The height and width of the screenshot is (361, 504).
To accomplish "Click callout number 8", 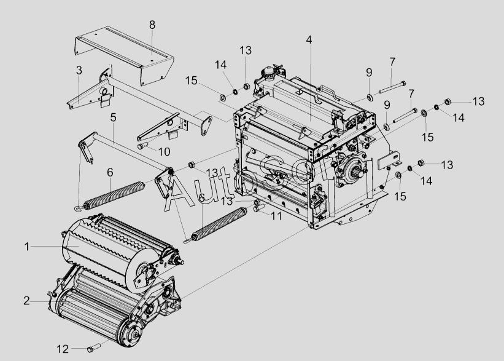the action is tap(152, 25).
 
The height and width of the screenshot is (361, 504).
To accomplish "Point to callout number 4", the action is tap(309, 40).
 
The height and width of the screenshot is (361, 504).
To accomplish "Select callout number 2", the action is tap(27, 301).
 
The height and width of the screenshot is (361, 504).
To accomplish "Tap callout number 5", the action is tap(114, 116).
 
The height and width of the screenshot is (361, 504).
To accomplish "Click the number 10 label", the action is tap(164, 152).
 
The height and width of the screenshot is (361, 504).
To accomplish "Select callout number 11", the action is tap(276, 216).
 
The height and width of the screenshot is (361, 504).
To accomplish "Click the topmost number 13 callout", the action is tap(246, 49).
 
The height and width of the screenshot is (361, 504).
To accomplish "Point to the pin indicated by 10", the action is tap(142, 146).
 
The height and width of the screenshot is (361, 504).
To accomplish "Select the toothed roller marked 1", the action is tap(98, 246).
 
